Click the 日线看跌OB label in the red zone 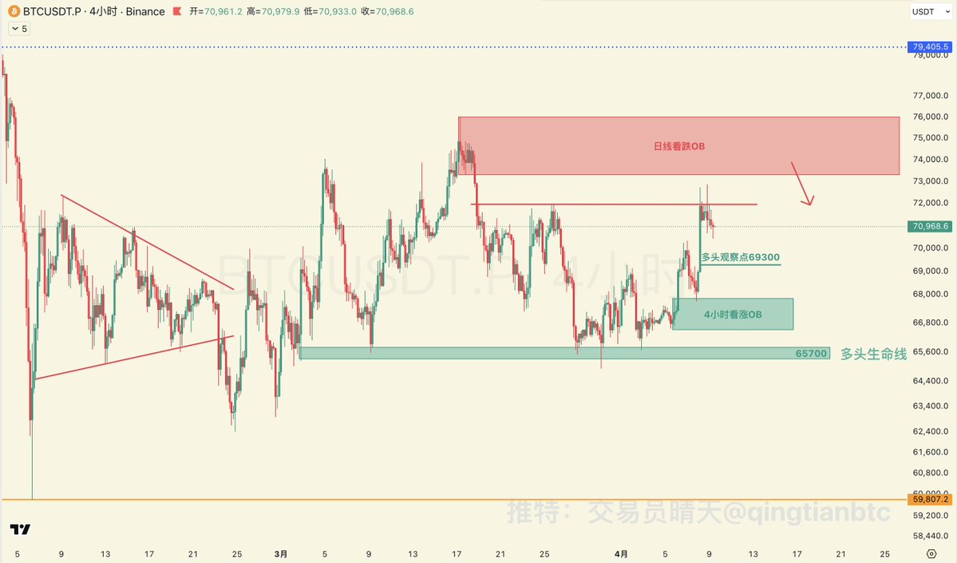(x=679, y=146)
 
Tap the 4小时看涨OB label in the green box (x=733, y=315)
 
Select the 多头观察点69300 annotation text (x=740, y=257)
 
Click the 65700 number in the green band (x=811, y=353)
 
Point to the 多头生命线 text (x=873, y=354)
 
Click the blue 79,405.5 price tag (x=931, y=47)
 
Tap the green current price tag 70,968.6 (x=931, y=226)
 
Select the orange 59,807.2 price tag (x=931, y=500)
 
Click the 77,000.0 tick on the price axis (x=930, y=96)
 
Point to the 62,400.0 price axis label (x=930, y=431)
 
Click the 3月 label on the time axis (x=280, y=553)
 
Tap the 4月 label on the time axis (x=621, y=553)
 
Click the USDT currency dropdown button (x=930, y=12)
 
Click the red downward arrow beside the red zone (x=801, y=184)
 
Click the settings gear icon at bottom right (x=931, y=553)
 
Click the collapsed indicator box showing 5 (x=19, y=29)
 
